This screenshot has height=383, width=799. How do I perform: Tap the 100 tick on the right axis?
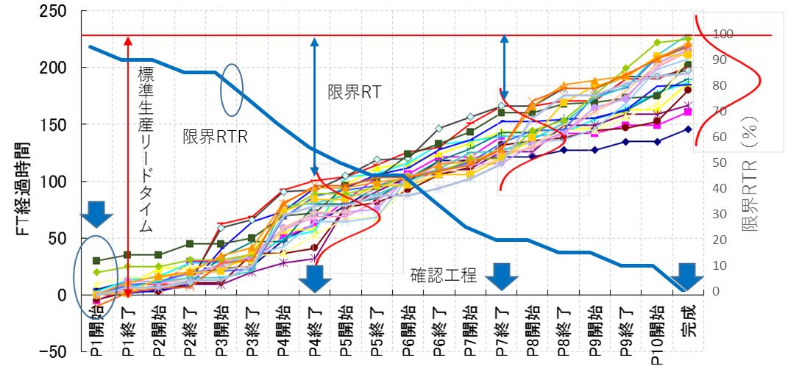point(723,34)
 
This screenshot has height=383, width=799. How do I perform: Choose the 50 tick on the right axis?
point(721,162)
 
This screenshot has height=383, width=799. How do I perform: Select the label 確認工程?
point(444,276)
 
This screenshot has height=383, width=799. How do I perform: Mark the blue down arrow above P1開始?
point(96,212)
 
